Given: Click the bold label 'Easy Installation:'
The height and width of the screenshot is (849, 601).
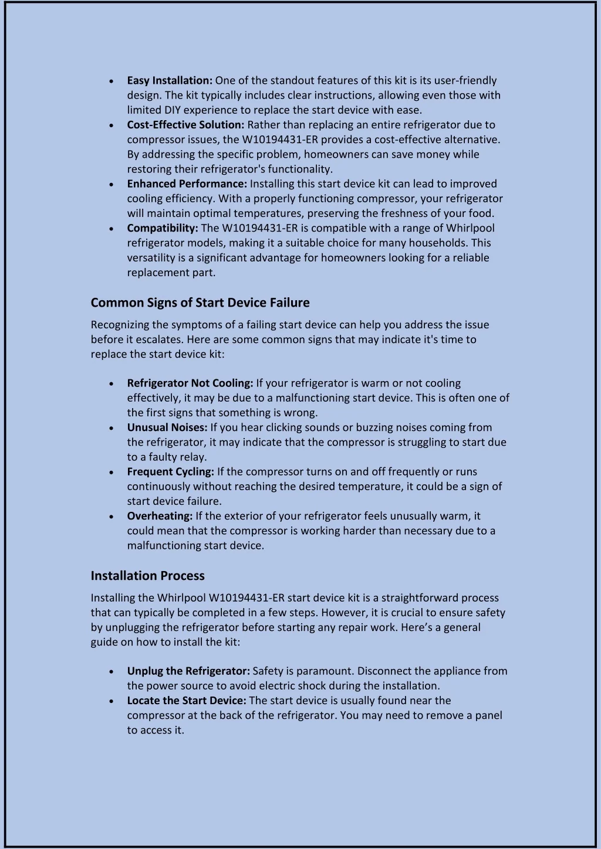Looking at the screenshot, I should point(170,80).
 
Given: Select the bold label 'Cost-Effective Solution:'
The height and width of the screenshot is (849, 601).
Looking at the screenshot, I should point(185,125).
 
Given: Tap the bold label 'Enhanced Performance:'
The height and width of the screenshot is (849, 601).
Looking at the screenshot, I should point(187,184).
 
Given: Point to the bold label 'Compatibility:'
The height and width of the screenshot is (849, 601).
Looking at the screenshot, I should point(163,228).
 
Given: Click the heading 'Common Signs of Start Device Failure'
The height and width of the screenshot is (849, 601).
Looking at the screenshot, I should point(200,303).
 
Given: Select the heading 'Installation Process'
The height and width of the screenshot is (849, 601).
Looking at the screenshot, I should point(148,576).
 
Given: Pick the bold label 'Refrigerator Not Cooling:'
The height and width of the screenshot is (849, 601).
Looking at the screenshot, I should point(190,383).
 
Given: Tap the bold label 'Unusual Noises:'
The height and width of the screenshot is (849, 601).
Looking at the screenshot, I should point(167,427).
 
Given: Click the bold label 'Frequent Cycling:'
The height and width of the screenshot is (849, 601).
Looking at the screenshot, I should point(171,472).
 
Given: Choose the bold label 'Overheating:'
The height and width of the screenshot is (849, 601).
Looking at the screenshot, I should point(160,516).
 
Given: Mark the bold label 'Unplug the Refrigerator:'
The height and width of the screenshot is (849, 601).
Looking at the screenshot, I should point(188,671).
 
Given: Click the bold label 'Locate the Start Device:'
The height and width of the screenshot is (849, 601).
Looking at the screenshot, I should point(187,701).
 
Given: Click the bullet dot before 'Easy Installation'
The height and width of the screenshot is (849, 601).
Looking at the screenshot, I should point(112,81).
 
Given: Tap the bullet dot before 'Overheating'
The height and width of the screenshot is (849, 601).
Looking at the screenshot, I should point(112,517).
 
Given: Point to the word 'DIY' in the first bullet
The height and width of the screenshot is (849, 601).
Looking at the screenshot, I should point(173,110).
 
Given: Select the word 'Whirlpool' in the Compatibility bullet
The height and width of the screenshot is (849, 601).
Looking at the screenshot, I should point(470,228).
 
